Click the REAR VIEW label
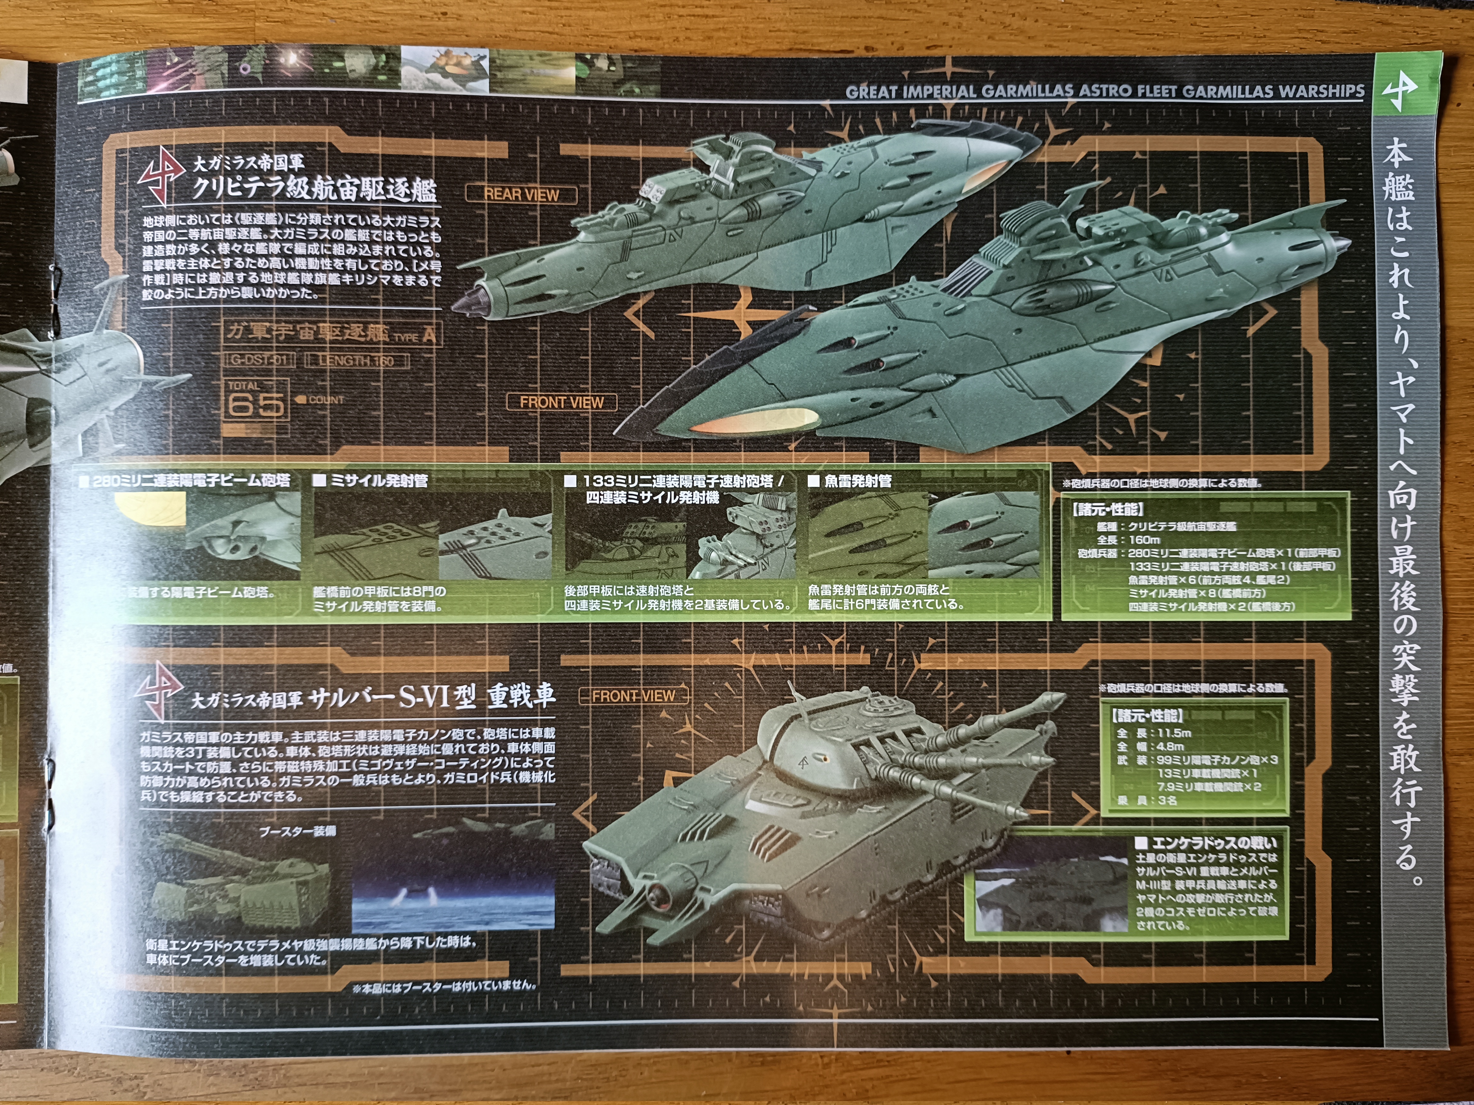pyautogui.click(x=521, y=194)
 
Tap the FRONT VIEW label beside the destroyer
pyautogui.click(x=561, y=402)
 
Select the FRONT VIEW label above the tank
pyautogui.click(x=633, y=696)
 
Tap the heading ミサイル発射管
pyautogui.click(x=378, y=480)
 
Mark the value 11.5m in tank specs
pyautogui.click(x=1174, y=733)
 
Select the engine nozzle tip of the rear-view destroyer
pyautogui.click(x=466, y=301)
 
